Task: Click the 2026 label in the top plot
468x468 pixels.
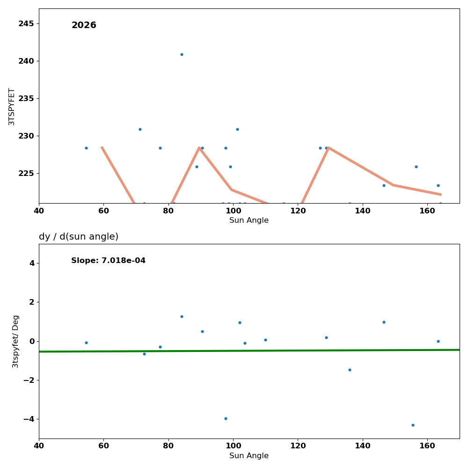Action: pos(84,25)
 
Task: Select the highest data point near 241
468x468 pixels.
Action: pos(182,54)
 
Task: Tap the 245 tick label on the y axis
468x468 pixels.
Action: pos(26,23)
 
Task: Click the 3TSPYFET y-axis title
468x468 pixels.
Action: pos(12,106)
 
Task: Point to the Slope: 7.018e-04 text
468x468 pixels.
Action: pos(108,261)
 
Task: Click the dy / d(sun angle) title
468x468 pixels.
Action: pos(79,237)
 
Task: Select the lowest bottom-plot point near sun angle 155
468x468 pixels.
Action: pos(413,425)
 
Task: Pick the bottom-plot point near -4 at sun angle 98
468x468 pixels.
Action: pos(226,418)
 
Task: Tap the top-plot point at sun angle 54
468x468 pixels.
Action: pos(86,148)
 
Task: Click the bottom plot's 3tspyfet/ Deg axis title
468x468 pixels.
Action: pos(15,341)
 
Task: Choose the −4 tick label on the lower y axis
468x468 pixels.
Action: pos(29,419)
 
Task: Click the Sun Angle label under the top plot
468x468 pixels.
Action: pos(249,220)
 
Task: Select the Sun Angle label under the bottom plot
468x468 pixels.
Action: pos(249,456)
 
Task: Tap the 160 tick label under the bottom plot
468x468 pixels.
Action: pos(427,446)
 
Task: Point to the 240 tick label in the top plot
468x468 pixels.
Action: pos(26,61)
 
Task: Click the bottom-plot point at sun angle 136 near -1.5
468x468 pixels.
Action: pos(350,370)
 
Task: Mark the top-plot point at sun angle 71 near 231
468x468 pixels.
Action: pos(140,129)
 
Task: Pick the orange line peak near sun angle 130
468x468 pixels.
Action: pos(329,148)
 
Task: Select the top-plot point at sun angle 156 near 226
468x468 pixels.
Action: pos(416,167)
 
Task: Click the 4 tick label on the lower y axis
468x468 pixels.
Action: pos(32,263)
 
